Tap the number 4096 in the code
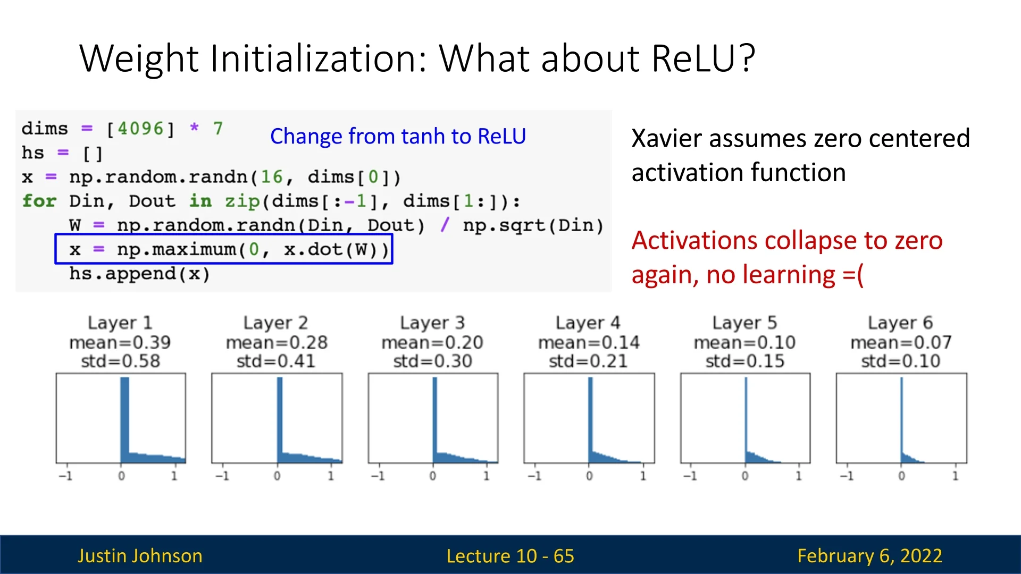pyautogui.click(x=140, y=129)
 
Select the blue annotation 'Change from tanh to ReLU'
pyautogui.click(x=398, y=136)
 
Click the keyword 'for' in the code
pyautogui.click(x=39, y=201)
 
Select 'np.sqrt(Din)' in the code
pyautogui.click(x=533, y=225)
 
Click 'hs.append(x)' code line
pyautogui.click(x=139, y=274)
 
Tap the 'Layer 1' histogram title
pyautogui.click(x=120, y=323)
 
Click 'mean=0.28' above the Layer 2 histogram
pyautogui.click(x=277, y=342)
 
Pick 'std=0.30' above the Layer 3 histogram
pyautogui.click(x=432, y=361)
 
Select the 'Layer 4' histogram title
pyautogui.click(x=588, y=323)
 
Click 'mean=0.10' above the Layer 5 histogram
pyautogui.click(x=744, y=342)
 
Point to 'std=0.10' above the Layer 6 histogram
pyautogui.click(x=901, y=361)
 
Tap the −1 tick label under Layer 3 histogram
pyautogui.click(x=378, y=476)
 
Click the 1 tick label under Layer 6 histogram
pyautogui.click(x=955, y=476)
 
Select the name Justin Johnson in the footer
pyautogui.click(x=140, y=556)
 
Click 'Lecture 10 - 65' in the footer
pyautogui.click(x=510, y=556)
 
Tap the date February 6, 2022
pyautogui.click(x=870, y=556)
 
